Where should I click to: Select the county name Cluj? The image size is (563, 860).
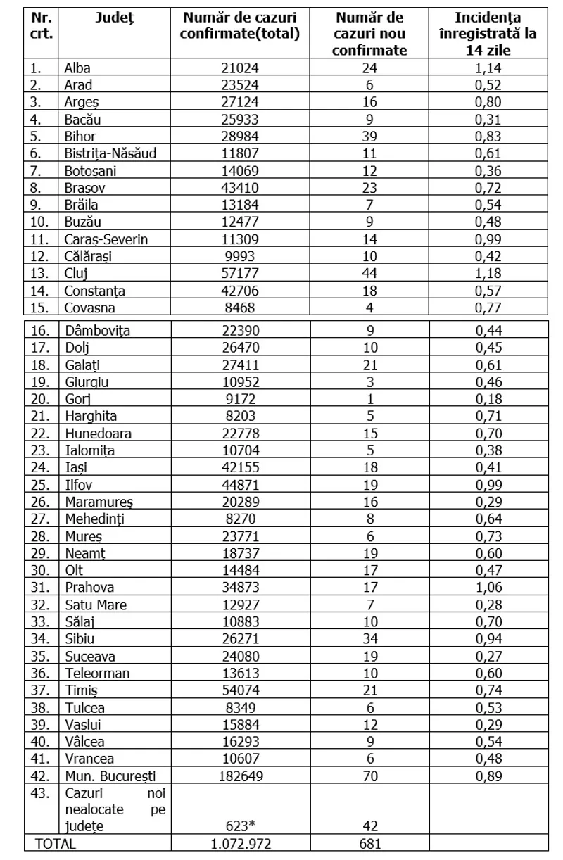(x=77, y=273)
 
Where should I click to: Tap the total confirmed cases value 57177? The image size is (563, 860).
(x=239, y=273)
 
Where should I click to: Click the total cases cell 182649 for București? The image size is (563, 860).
(x=239, y=776)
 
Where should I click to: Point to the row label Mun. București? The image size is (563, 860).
(x=110, y=776)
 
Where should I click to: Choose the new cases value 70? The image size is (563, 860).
(x=370, y=776)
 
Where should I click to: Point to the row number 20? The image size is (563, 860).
(x=40, y=399)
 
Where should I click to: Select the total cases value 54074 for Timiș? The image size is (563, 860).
(x=239, y=690)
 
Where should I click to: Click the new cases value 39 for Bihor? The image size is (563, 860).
(x=370, y=137)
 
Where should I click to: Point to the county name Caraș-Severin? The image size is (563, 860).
(x=106, y=239)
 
